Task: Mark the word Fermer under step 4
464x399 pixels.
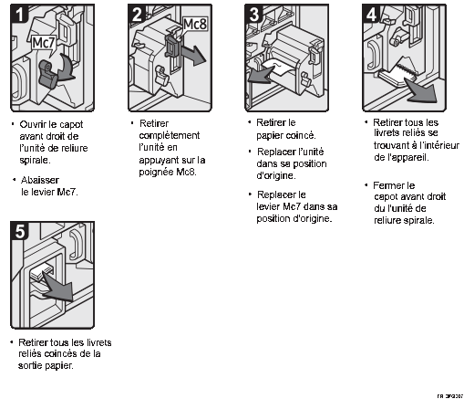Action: point(391,185)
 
